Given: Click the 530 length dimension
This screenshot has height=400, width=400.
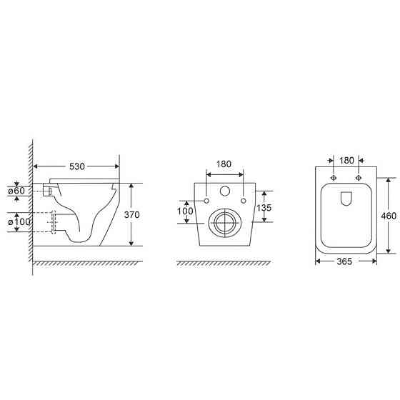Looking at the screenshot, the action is click(x=77, y=166).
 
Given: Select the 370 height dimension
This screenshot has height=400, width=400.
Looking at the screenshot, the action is click(x=132, y=215).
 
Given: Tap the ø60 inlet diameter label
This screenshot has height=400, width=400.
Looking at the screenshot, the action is click(x=16, y=191).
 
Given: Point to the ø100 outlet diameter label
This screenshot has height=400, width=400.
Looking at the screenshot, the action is click(x=19, y=221).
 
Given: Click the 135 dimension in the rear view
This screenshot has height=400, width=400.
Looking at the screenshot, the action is click(x=264, y=208).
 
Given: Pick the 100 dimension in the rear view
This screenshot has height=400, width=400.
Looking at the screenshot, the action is click(x=185, y=211).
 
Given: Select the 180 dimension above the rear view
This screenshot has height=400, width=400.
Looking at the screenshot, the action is click(x=224, y=164).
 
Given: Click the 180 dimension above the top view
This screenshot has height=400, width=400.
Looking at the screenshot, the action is click(x=346, y=161).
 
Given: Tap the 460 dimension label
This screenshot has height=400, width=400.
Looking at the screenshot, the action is click(x=389, y=216).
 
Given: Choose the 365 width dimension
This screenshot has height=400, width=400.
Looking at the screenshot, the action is click(x=344, y=261).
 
